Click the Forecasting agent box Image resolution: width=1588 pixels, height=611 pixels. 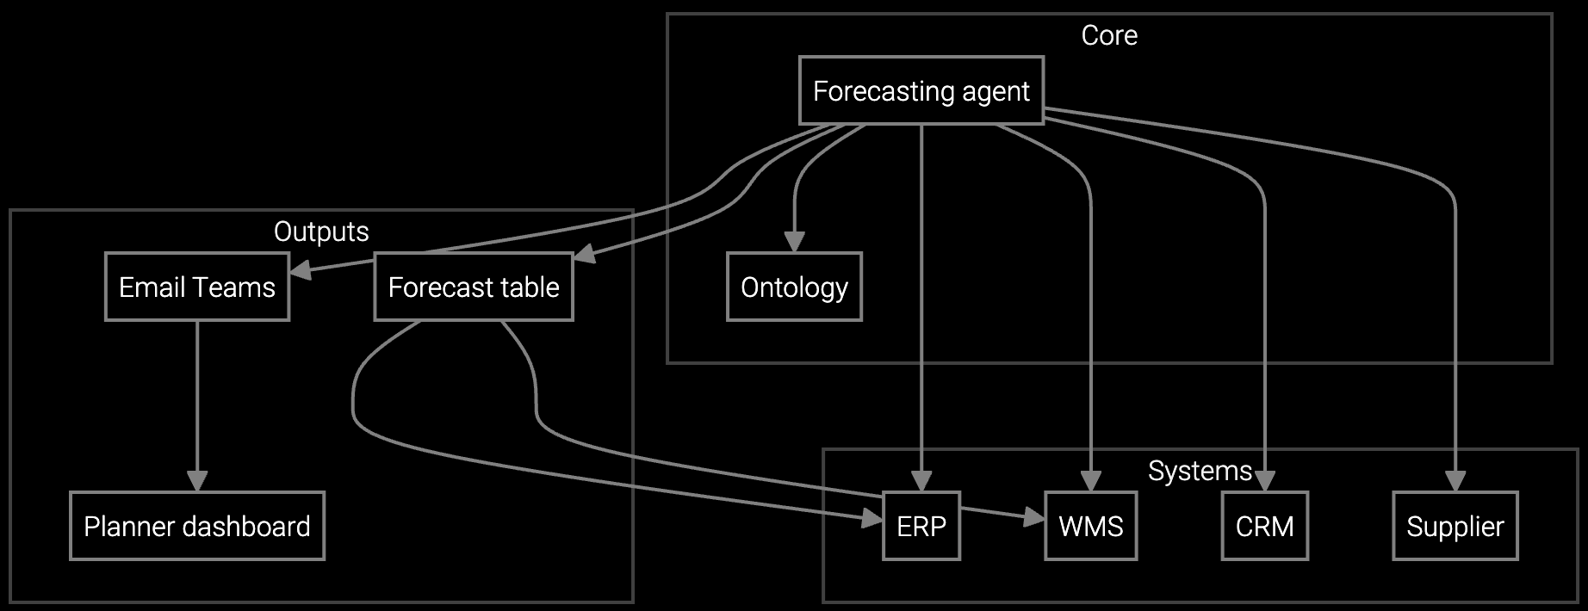[x=921, y=91]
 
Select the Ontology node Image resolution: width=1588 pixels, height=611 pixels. [x=793, y=287]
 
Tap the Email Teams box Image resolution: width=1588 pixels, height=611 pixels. [x=196, y=287]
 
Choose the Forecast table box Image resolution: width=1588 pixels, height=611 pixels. [x=473, y=287]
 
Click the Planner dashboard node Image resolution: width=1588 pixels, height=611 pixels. [x=196, y=526]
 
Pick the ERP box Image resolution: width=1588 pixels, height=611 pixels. [x=921, y=526]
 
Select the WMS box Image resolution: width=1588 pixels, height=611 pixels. [x=1090, y=526]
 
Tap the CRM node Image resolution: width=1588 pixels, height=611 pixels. [x=1264, y=526]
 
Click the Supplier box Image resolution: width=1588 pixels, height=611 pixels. [x=1455, y=526]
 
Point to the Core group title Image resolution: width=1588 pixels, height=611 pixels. [x=1109, y=35]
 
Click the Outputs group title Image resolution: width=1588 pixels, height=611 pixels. [x=321, y=231]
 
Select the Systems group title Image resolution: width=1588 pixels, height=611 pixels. [x=1200, y=471]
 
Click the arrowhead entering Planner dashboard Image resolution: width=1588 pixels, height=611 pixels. [x=197, y=482]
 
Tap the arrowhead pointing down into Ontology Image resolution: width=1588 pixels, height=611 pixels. [x=794, y=242]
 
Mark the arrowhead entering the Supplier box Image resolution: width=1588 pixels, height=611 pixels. [x=1455, y=482]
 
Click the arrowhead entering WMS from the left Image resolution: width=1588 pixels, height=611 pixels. [x=1034, y=519]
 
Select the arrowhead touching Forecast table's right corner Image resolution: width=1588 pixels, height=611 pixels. [x=584, y=255]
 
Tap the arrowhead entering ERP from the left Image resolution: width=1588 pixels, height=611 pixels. [x=872, y=519]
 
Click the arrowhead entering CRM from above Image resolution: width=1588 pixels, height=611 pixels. [x=1264, y=482]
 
